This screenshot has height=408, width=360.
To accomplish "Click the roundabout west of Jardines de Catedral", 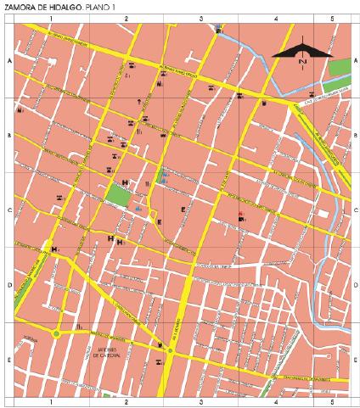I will (56, 333).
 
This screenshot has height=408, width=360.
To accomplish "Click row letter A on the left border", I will (8, 62).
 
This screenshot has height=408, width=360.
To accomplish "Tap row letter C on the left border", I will (8, 210).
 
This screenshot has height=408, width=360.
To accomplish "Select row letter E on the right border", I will (353, 360).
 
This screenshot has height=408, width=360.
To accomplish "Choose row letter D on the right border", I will (353, 285).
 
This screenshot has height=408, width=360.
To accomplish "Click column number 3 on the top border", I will (200, 18).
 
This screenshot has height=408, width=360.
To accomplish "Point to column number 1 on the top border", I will (52, 18).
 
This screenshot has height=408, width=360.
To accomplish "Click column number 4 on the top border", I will (276, 18).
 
